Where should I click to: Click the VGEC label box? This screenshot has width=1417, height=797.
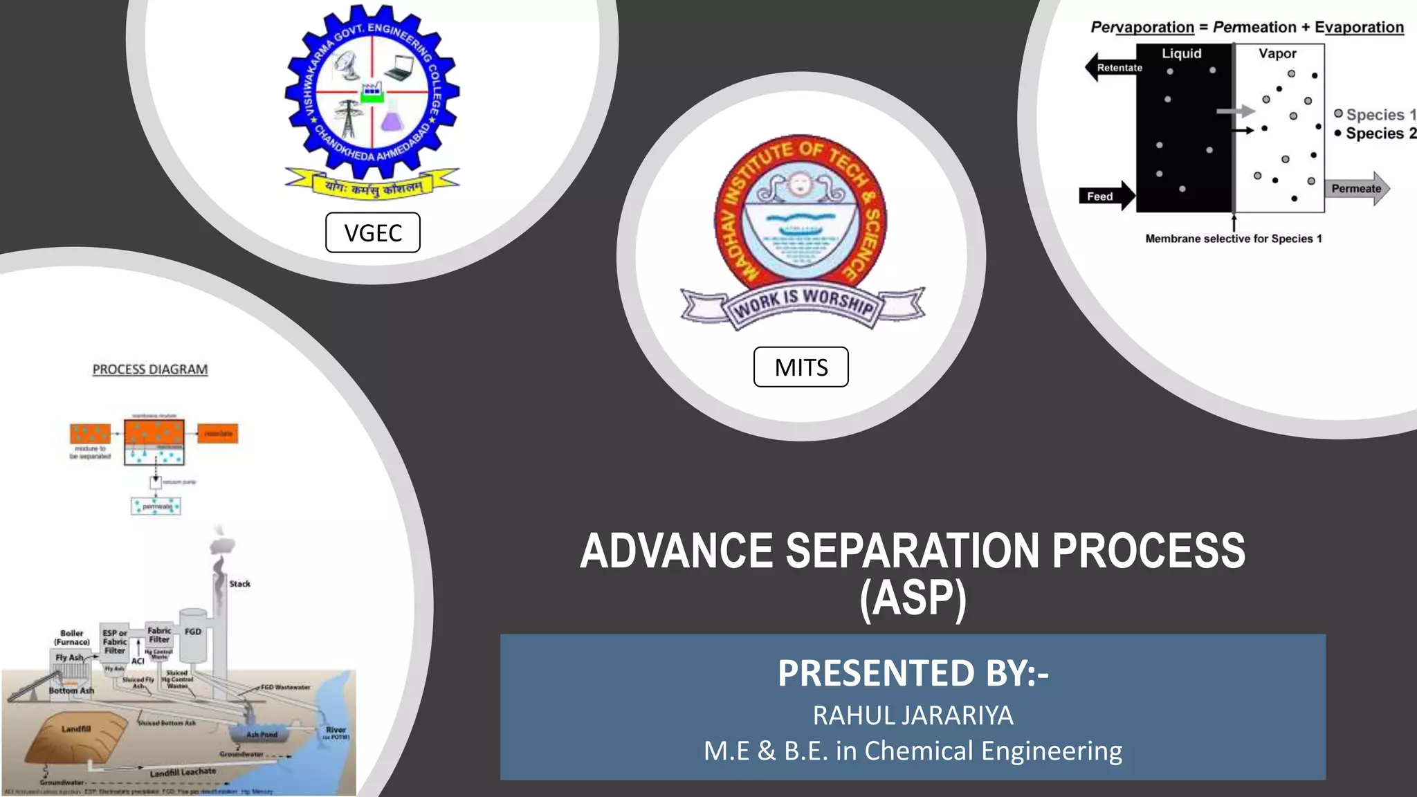(373, 232)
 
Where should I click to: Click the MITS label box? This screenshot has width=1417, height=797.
(801, 367)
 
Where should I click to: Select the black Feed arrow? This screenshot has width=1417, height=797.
(1106, 196)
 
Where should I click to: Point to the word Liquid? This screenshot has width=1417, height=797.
(1181, 53)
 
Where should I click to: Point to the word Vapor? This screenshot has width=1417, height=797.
(1277, 53)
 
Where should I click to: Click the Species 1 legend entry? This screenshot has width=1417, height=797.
(1374, 115)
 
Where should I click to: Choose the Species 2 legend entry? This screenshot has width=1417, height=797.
(1375, 134)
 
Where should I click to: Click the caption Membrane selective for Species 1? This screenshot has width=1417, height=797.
(1233, 239)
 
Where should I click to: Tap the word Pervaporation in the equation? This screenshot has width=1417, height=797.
(1142, 27)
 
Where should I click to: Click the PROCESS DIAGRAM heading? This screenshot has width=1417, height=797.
(150, 369)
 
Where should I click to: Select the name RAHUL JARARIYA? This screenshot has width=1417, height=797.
(913, 715)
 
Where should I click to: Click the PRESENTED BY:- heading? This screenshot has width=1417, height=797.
(913, 672)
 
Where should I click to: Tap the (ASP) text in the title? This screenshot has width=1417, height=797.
(913, 598)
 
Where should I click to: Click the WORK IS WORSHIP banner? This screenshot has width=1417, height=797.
(803, 302)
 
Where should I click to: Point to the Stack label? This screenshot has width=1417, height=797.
(239, 584)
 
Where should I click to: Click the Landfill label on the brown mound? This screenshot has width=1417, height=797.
(76, 729)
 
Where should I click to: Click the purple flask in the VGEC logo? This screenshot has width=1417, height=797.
(392, 119)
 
